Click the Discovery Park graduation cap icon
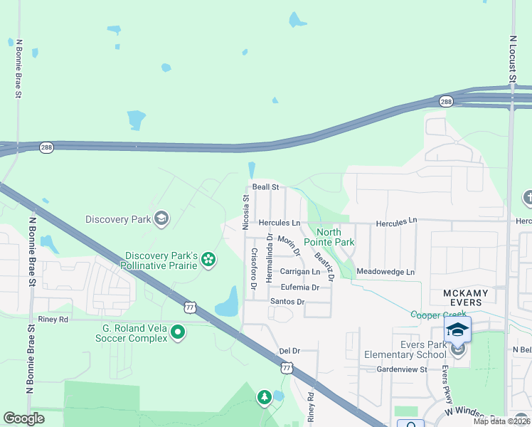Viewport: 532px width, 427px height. click(x=162, y=218)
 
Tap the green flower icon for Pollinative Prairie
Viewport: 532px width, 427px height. click(x=208, y=259)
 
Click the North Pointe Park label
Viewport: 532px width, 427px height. click(x=329, y=237)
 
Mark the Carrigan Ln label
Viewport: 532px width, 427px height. click(x=299, y=272)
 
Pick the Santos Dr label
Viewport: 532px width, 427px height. click(x=287, y=302)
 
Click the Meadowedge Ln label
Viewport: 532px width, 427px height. click(x=385, y=272)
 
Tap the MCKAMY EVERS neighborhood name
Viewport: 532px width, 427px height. click(x=463, y=297)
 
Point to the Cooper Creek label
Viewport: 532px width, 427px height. click(x=437, y=315)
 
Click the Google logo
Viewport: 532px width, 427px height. click(x=24, y=418)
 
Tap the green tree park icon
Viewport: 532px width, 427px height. click(x=265, y=397)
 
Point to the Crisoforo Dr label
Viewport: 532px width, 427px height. click(x=253, y=269)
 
